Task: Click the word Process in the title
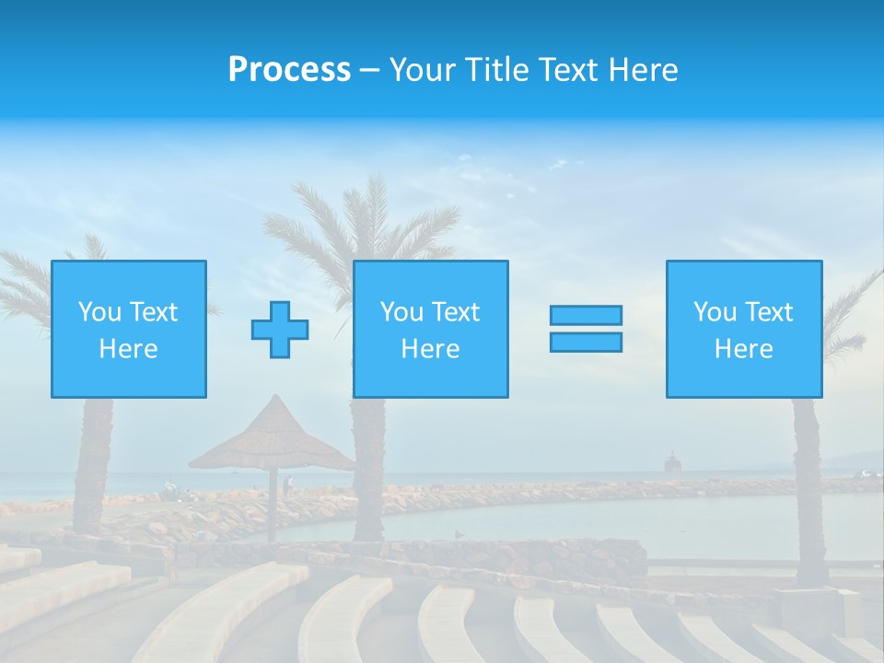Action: point(289,70)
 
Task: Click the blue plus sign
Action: point(280,330)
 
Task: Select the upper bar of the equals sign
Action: point(586,315)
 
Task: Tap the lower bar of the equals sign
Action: point(586,343)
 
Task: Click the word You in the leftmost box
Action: point(99,312)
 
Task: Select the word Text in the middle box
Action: point(457,312)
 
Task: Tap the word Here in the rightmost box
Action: point(744,349)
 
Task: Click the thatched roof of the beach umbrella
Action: point(273,438)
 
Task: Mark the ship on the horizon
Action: point(673,462)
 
